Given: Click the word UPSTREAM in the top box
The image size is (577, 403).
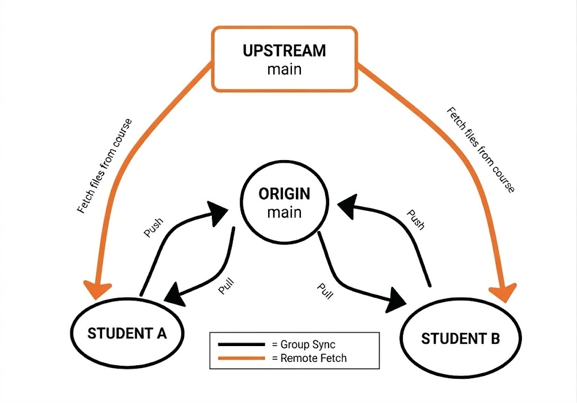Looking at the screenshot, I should [284, 50].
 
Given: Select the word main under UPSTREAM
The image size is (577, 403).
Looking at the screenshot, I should [284, 70].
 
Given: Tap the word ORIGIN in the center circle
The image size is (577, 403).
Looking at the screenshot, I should [284, 194].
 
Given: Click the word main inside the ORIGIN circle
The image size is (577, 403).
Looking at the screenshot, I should [284, 213].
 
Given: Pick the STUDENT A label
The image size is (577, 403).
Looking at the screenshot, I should [127, 333].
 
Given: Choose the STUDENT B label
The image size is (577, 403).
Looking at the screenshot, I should [460, 339].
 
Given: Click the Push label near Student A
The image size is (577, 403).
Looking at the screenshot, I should [153, 228].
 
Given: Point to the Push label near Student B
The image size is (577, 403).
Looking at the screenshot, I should [415, 220].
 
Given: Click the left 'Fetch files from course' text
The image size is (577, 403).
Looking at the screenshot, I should [104, 166].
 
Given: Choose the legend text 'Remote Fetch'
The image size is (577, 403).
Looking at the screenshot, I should [308, 358].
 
